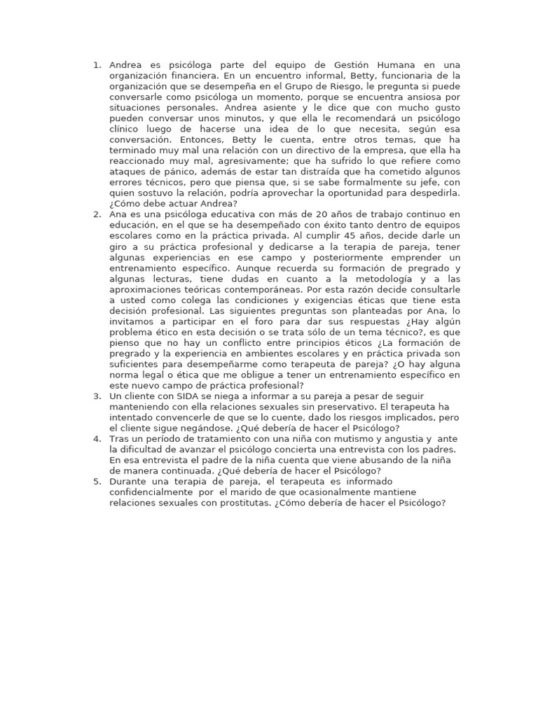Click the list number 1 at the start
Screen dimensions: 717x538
(97, 65)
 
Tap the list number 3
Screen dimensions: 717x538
(97, 396)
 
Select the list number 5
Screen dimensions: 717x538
(97, 482)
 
